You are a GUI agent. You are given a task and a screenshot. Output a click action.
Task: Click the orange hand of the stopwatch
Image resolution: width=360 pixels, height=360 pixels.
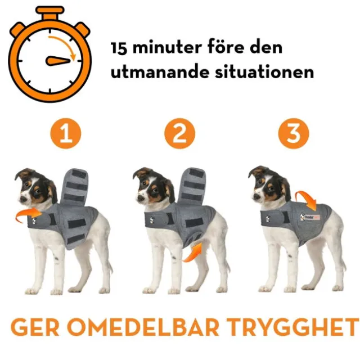(57, 61)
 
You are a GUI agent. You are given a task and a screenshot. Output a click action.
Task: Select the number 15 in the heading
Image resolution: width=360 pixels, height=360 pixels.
(119, 48)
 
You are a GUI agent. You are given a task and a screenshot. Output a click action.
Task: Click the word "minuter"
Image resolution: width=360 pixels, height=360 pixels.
(167, 47)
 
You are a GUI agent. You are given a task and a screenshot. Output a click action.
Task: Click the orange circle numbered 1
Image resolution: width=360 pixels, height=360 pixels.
(66, 134)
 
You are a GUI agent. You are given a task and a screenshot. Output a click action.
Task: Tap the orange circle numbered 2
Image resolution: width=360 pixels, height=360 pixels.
(180, 134)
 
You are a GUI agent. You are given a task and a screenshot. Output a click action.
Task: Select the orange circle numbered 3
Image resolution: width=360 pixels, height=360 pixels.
(294, 134)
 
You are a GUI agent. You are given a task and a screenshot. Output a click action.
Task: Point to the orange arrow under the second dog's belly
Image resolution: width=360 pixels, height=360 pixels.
(193, 253)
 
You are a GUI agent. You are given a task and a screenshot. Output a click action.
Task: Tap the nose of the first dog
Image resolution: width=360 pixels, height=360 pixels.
(22, 199)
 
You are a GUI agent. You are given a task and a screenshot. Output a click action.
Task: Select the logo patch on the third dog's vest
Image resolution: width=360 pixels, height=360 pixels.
(310, 217)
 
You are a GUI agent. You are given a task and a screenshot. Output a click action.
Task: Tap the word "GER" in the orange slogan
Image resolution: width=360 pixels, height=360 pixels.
(36, 327)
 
